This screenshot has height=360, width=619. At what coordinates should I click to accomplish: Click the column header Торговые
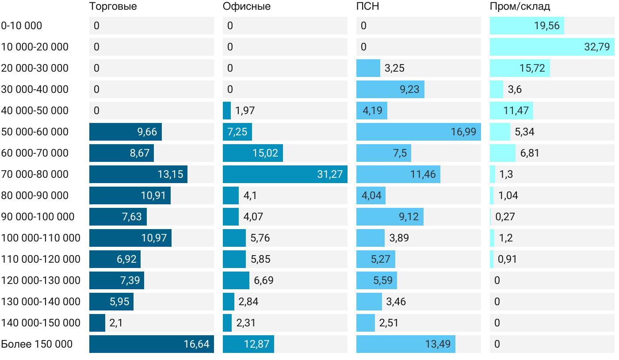point(113,6)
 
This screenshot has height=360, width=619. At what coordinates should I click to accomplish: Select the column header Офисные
point(247,6)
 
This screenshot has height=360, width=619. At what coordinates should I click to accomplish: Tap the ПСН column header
point(368,6)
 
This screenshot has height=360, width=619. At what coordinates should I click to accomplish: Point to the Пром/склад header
point(520,6)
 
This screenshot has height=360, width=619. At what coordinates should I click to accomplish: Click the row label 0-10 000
point(22,26)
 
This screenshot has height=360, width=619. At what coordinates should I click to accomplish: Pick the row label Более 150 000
point(37,344)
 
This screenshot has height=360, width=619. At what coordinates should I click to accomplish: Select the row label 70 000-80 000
point(35,174)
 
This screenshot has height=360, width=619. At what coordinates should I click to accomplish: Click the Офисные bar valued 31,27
point(285,174)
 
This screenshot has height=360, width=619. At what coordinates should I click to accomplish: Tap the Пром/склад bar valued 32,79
point(552,47)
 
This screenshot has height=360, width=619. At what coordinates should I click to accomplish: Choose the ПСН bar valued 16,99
point(418,132)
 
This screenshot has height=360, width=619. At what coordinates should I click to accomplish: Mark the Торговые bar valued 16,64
point(151,344)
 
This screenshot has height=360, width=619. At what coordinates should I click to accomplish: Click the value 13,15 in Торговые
point(170,174)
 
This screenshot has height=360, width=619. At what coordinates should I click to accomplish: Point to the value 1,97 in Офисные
point(245,111)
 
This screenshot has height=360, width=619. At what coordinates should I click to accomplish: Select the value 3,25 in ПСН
point(394,68)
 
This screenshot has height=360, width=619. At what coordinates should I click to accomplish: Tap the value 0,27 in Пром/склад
point(505,217)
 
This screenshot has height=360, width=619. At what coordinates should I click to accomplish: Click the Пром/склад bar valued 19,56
point(527,26)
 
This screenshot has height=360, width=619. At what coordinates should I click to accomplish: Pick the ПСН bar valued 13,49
point(405,344)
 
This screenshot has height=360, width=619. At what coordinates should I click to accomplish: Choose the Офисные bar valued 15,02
point(252,153)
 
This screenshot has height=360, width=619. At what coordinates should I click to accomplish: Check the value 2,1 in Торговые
point(116,323)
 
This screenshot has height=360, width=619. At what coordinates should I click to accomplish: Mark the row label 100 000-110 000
point(41,238)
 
